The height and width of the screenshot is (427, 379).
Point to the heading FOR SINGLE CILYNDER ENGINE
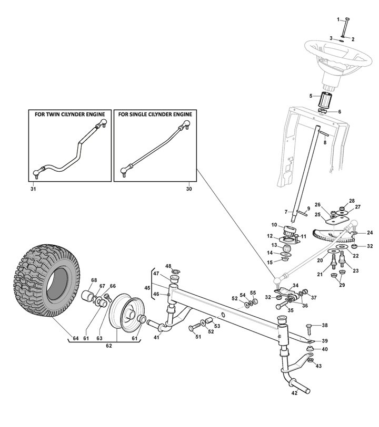155,114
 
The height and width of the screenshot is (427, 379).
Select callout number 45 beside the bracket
147,287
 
